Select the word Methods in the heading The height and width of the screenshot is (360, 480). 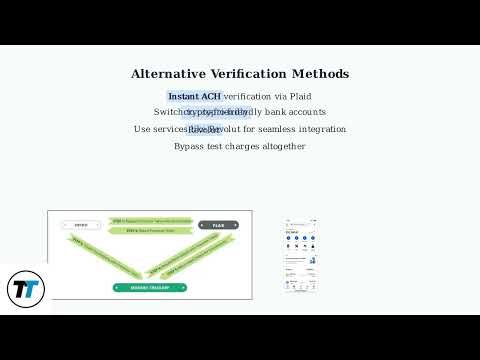(323, 74)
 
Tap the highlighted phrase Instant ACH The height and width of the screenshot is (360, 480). (194, 96)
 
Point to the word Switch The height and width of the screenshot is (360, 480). (168, 112)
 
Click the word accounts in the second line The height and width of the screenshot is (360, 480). (306, 112)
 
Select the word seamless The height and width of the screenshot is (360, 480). (272, 129)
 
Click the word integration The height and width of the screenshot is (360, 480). (322, 129)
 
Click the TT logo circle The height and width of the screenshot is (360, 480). (25, 289)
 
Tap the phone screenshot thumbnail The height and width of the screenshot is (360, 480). (301, 255)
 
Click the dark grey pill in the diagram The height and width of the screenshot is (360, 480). (218, 225)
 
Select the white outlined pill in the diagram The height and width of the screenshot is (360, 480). (81, 225)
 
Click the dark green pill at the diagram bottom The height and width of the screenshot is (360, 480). (150, 288)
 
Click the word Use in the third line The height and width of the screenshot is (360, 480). (142, 129)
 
